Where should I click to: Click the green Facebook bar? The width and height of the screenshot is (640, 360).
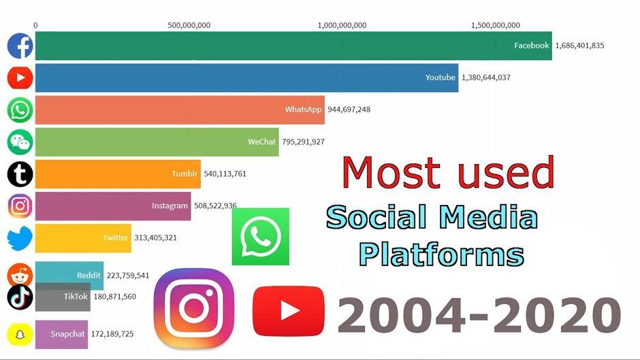293,46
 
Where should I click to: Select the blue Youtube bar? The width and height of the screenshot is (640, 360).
247,78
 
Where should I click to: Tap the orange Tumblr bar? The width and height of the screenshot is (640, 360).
118,174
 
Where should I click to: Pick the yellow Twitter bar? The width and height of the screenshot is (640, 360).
83,238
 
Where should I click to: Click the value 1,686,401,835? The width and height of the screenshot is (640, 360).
579,46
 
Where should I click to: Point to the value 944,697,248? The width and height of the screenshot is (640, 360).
349,110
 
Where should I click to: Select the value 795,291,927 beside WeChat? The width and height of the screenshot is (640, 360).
303,142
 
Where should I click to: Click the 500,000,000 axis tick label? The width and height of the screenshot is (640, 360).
189,25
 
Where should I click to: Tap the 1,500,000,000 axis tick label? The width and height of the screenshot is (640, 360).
496,25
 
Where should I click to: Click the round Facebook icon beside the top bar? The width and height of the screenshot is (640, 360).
20,46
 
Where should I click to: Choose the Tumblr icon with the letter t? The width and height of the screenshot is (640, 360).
20,174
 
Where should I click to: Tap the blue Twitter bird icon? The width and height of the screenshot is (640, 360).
20,238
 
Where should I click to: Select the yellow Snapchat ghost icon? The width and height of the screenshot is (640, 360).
20,334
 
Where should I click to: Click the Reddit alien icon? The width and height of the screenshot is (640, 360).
20,274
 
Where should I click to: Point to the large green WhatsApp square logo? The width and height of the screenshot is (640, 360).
260,237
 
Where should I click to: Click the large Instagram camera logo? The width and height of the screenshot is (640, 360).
194,308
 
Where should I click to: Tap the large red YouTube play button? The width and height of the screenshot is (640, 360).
289,311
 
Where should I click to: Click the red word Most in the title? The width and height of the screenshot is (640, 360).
391,173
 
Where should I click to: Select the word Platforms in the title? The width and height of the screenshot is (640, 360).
442,255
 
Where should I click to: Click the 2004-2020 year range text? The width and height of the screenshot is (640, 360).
479,315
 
